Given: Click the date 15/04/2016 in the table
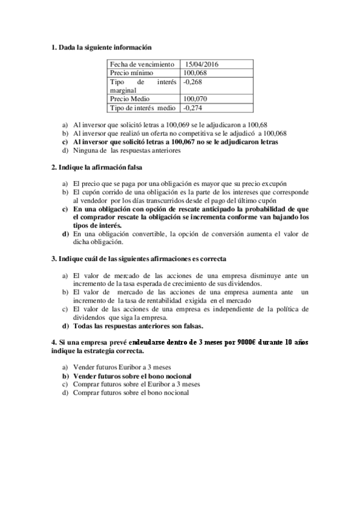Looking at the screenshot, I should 201,64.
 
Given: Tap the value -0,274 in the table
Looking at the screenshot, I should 194,108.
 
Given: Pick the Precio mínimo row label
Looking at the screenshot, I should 132,73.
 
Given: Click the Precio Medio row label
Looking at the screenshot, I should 129,99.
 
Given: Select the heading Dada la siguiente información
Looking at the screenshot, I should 105,47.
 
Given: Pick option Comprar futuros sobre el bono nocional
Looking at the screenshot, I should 130,392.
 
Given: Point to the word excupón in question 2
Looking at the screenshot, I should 273,183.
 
